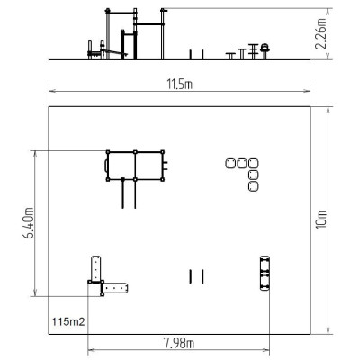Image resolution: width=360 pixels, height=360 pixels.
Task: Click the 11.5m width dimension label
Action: tap(179, 85)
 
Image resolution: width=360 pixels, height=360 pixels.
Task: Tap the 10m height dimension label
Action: tap(321, 220)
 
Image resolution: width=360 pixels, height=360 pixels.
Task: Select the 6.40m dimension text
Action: tap(29, 223)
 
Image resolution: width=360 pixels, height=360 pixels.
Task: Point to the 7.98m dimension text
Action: tap(179, 343)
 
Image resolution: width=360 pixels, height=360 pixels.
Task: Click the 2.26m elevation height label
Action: tap(320, 33)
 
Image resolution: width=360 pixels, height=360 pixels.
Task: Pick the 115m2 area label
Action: tap(68, 322)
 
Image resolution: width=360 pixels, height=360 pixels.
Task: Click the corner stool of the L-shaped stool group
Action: tap(254, 164)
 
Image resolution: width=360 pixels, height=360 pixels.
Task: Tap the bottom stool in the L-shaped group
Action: tap(254, 186)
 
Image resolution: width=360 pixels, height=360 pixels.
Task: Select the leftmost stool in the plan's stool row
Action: tap(230, 164)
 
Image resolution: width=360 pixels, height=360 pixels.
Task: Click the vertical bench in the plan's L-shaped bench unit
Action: tap(96, 269)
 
